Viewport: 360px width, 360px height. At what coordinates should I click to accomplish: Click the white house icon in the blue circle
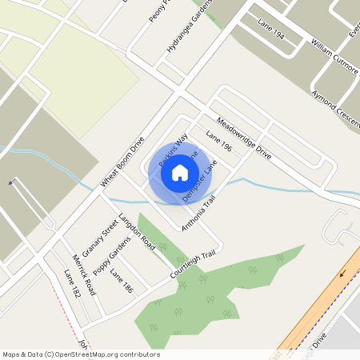tap(180, 172)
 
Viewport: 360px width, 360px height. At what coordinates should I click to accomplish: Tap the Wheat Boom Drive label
tap(122, 162)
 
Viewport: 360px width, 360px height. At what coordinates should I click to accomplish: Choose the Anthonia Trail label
tap(198, 214)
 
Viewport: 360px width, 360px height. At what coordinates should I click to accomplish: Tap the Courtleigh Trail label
tap(193, 265)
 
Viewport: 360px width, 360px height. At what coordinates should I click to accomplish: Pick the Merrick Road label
tap(83, 274)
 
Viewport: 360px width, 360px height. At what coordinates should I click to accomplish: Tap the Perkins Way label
tap(172, 150)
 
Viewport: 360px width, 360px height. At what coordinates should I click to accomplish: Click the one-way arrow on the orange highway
tap(345, 273)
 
